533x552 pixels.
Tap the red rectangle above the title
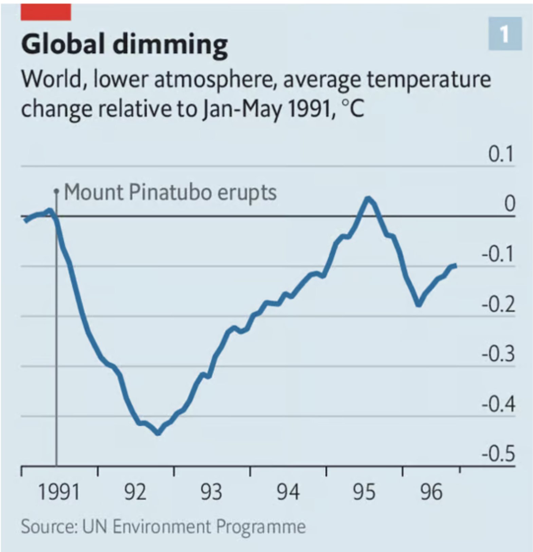click(x=46, y=12)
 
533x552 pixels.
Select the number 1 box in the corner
click(x=505, y=34)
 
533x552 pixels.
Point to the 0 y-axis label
click(x=509, y=204)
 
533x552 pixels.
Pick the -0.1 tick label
click(x=498, y=254)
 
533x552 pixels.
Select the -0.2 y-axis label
click(x=498, y=304)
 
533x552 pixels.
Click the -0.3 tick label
click(x=498, y=354)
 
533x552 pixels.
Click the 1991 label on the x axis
click(x=59, y=492)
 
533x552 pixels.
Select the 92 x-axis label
click(x=135, y=492)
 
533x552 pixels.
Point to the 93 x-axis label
click(x=211, y=492)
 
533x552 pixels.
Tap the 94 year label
click(x=288, y=492)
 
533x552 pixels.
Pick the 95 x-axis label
click(x=364, y=492)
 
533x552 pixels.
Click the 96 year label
click(x=431, y=492)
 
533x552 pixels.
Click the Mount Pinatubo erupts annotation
click(x=170, y=193)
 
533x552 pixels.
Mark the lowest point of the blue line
click(x=158, y=433)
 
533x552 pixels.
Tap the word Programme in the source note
click(x=261, y=527)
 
